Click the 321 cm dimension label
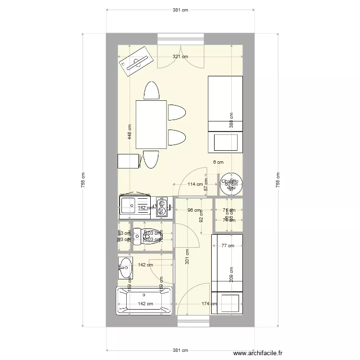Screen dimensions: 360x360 pyautogui.click(x=180, y=57)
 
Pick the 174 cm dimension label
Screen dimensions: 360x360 pyautogui.click(x=208, y=304)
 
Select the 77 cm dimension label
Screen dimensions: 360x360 pyautogui.click(x=228, y=246)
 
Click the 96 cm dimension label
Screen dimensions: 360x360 pyautogui.click(x=193, y=210)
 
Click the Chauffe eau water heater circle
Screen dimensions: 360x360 pyautogui.click(x=231, y=184)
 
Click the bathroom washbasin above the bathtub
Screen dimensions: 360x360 pyautogui.click(x=125, y=267)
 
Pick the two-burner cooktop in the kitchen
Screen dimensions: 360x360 pyautogui.click(x=163, y=207)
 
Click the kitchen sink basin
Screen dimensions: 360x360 pyautogui.click(x=129, y=207)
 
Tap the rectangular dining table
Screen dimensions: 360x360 pyautogui.click(x=151, y=125)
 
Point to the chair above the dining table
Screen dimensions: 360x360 pyautogui.click(x=151, y=91)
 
